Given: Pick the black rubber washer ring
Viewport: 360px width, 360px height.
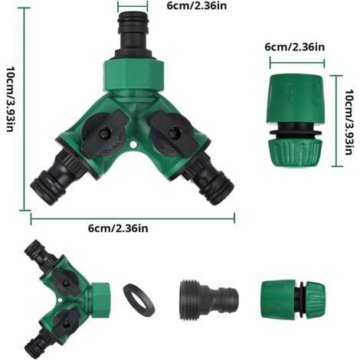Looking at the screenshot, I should point(139,299).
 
